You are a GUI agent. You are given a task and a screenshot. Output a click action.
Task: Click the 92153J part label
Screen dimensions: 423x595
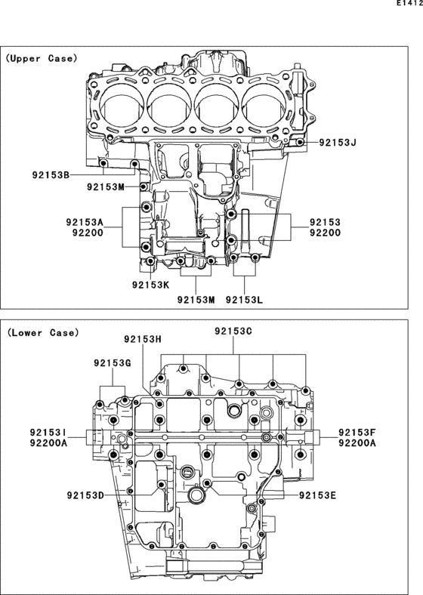coord(338,143)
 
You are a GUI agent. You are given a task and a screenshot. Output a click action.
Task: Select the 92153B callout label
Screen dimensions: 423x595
coord(51,175)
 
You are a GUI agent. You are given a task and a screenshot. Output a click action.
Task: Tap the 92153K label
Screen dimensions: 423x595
coord(151,285)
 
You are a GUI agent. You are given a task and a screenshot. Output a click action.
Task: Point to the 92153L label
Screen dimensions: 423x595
coord(244,300)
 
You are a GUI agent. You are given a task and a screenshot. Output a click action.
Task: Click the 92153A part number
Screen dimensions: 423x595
coord(85,222)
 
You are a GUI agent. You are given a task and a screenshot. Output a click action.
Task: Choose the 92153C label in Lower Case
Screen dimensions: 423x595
coord(233,331)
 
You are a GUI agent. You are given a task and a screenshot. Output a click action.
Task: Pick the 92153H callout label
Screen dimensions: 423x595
coord(143,339)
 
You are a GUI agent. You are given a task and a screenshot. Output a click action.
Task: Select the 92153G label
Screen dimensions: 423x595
coord(113,363)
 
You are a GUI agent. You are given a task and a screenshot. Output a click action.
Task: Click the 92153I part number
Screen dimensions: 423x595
coord(48,432)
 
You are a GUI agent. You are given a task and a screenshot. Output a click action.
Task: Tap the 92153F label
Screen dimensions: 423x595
coord(357,432)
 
